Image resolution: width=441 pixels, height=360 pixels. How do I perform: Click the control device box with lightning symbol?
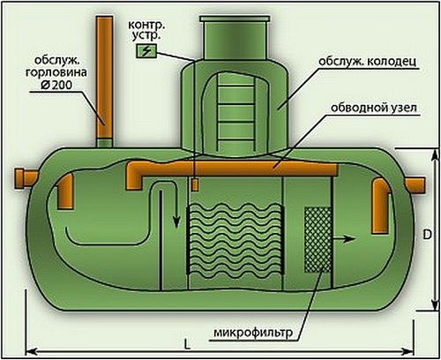[x=146, y=51]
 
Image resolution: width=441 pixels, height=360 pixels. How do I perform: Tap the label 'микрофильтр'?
[x=253, y=333]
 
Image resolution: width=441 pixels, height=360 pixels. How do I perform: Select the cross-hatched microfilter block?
[x=318, y=240]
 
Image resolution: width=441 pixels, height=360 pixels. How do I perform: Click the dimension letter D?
[x=427, y=235]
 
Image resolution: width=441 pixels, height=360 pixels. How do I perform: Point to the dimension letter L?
[x=188, y=343]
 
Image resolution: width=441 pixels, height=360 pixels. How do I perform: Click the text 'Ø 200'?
[x=56, y=86]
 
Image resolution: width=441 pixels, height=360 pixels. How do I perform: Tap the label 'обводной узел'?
[x=374, y=109]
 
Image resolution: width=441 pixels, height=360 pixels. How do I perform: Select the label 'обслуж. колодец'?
[x=368, y=62]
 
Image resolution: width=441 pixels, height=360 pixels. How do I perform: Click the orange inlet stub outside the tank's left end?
[x=26, y=178]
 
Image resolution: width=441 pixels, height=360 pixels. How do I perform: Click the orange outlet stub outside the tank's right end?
[x=415, y=185]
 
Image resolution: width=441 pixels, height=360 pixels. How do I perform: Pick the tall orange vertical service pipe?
[x=105, y=78]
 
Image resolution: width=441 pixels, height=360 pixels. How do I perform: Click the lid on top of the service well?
[x=235, y=19]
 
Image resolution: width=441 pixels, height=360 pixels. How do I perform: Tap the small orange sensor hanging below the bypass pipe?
[x=195, y=185]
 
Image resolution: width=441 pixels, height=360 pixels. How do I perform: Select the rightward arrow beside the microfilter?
[x=344, y=238]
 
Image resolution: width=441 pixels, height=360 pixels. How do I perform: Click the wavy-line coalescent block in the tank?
[x=235, y=240]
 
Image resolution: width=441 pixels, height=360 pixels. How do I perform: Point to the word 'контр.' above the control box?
[x=146, y=25]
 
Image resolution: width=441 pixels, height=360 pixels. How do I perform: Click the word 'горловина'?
[x=56, y=72]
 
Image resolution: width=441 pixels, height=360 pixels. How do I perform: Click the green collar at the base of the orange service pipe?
[x=105, y=143]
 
